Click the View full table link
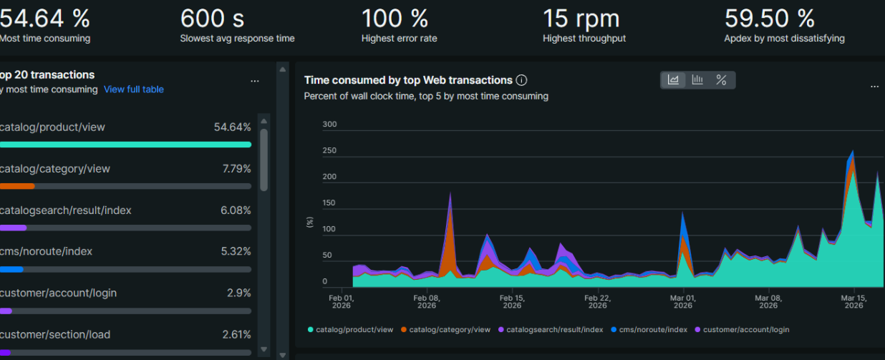click(x=134, y=89)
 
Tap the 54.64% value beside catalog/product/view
click(x=232, y=127)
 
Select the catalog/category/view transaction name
click(x=54, y=169)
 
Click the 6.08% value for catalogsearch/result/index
click(x=236, y=210)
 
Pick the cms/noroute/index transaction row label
click(x=46, y=252)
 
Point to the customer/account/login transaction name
click(x=58, y=293)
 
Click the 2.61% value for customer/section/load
click(x=236, y=334)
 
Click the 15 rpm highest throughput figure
click(x=581, y=18)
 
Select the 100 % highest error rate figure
click(x=395, y=18)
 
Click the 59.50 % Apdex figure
click(x=769, y=18)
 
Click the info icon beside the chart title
click(x=522, y=80)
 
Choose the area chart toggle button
click(x=673, y=80)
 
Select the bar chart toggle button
click(x=697, y=80)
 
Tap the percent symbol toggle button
click(x=722, y=80)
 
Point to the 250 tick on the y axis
click(x=329, y=151)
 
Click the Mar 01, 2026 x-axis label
click(x=682, y=301)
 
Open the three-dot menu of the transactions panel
click(x=255, y=82)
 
